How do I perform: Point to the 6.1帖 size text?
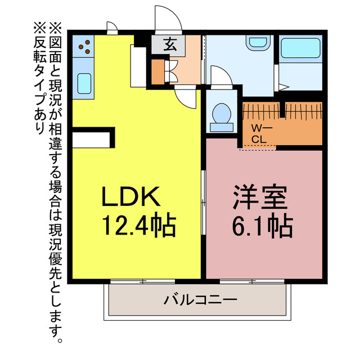(x=263, y=226)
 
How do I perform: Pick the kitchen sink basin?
(x=84, y=83)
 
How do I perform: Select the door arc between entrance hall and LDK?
(x=186, y=97)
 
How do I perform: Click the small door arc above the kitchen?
(x=111, y=26)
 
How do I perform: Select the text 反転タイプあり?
(x=40, y=79)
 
